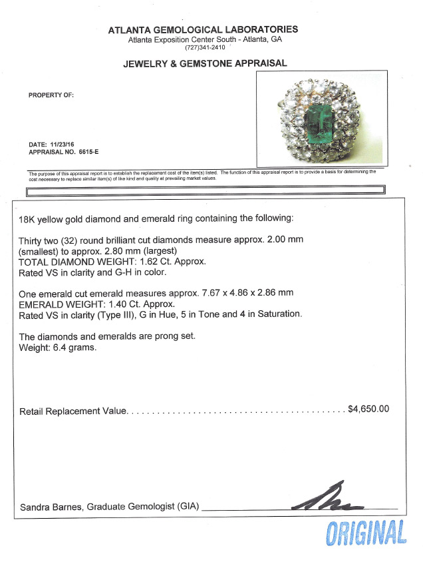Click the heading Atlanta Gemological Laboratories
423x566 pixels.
202,29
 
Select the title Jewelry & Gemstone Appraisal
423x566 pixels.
204,64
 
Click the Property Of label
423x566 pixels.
51,95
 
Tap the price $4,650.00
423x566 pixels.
368,409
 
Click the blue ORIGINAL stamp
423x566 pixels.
366,534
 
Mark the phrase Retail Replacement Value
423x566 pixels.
73,411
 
